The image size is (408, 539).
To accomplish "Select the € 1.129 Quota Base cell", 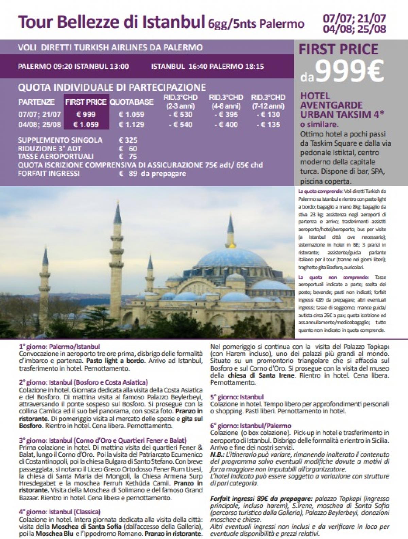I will tap(132, 125).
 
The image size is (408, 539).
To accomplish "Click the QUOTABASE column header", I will tap(132, 102).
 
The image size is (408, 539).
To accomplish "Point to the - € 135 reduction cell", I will tap(268, 125).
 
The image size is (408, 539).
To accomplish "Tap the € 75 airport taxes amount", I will tap(128, 156).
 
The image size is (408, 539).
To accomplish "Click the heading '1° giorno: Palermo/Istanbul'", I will tap(60, 347).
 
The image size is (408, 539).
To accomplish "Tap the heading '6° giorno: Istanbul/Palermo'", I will tap(251, 425).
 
